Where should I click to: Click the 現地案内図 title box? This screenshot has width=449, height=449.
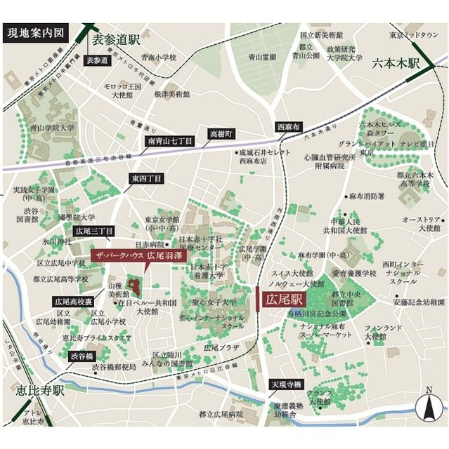[35, 33]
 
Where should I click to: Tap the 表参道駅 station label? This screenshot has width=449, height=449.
[117, 41]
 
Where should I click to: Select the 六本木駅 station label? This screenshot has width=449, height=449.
[396, 62]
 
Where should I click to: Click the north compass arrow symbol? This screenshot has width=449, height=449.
[428, 407]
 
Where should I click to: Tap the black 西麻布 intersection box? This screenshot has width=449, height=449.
[287, 127]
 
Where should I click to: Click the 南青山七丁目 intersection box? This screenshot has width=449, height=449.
[169, 142]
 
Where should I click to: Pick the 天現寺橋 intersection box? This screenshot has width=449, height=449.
[286, 384]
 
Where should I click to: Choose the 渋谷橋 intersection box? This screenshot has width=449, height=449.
[81, 356]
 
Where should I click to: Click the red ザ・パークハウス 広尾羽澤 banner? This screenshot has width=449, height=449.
[141, 255]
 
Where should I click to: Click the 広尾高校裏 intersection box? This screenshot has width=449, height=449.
[73, 301]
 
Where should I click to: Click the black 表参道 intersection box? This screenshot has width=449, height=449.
[98, 60]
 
